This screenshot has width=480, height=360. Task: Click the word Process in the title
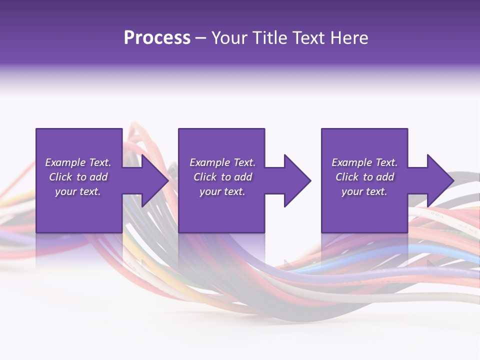pyautogui.click(x=157, y=38)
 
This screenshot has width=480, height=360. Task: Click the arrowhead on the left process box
pyautogui.click(x=153, y=180)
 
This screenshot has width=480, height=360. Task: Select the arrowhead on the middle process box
pyautogui.click(x=295, y=180)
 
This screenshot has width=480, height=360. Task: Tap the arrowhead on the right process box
pyautogui.click(x=438, y=180)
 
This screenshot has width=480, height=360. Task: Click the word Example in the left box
pyautogui.click(x=65, y=162)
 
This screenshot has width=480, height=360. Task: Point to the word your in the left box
pyautogui.click(x=65, y=191)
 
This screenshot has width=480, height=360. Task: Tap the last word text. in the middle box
pyautogui.click(x=234, y=191)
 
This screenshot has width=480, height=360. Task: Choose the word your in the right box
pyautogui.click(x=352, y=191)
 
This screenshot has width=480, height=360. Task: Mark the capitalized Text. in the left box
pyautogui.click(x=99, y=162)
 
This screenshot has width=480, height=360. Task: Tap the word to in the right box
pyautogui.click(x=368, y=177)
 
